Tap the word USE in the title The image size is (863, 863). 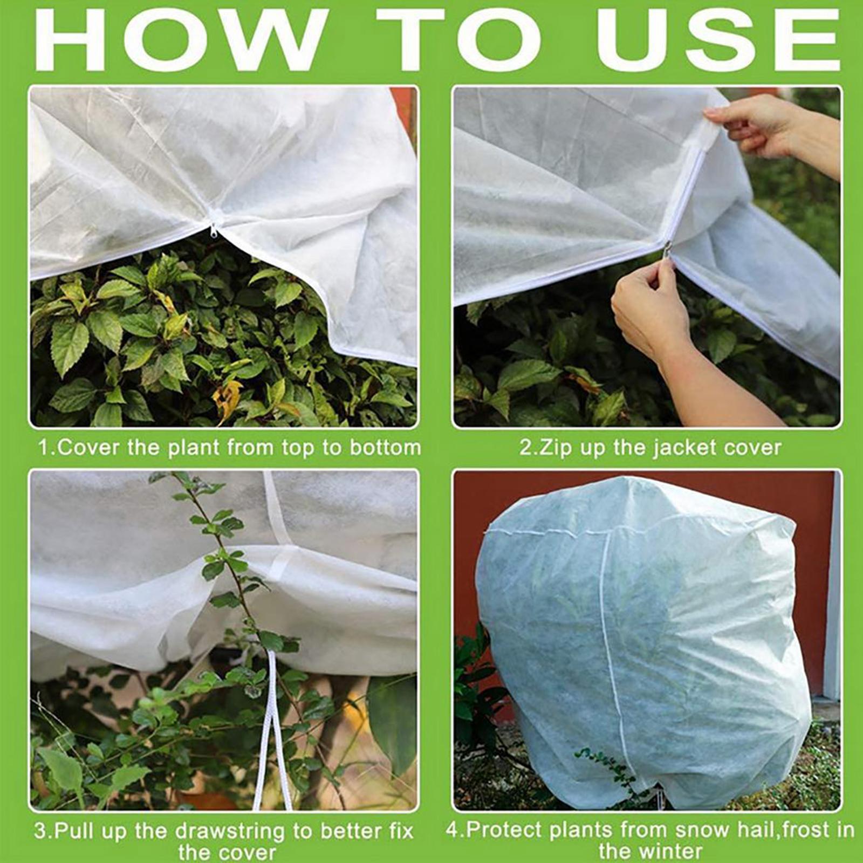[x=717, y=40]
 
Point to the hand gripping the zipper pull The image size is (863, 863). [x=645, y=307]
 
